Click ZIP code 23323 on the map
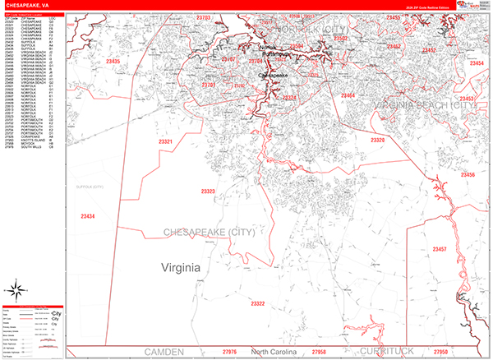pos(208,192)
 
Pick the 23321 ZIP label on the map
pos(165,141)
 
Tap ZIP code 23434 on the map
pos(88,215)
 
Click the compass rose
pos(16,289)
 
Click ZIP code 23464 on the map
pos(348,96)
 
